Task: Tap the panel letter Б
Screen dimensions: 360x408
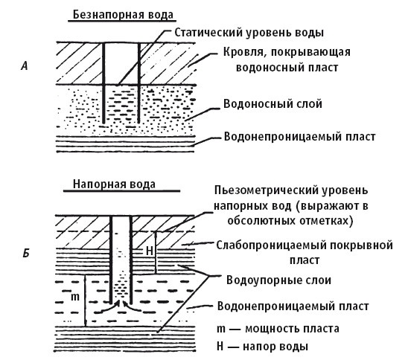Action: pyautogui.click(x=26, y=255)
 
